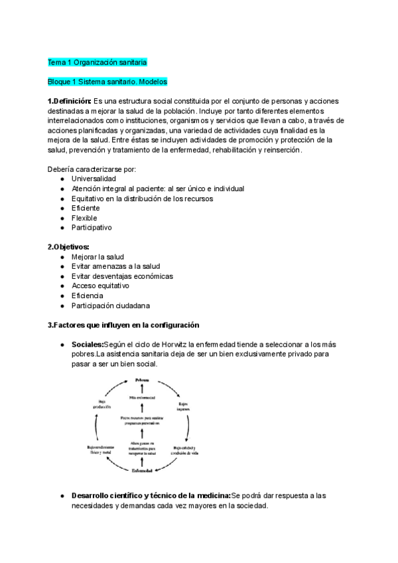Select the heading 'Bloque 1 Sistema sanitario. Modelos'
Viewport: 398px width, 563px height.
coord(107,82)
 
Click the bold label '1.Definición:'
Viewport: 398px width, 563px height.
coord(70,101)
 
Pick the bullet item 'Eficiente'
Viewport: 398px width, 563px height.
coord(86,208)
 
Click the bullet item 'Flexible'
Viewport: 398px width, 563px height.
coord(84,218)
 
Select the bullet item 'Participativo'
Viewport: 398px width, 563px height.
coord(92,227)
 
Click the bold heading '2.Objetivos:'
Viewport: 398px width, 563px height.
coord(68,247)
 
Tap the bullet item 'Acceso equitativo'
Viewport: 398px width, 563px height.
coord(100,285)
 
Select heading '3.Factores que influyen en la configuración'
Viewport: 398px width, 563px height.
coord(123,325)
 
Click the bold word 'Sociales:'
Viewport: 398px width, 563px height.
coord(88,345)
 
